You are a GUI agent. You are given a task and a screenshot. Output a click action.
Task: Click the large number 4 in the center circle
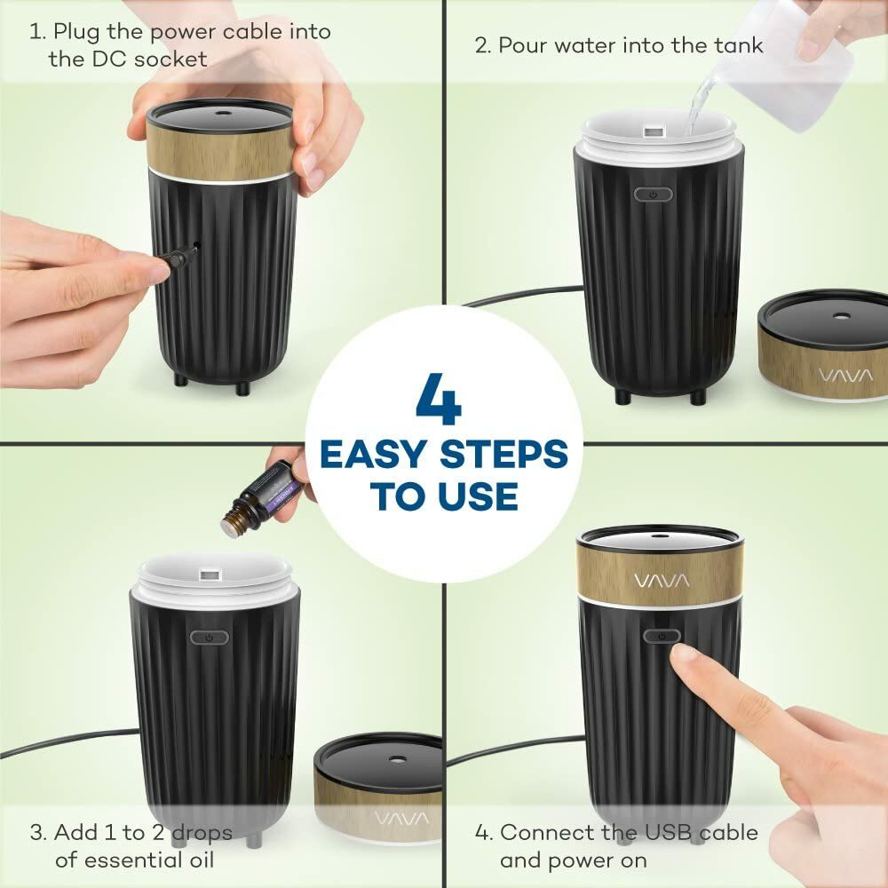coord(439,399)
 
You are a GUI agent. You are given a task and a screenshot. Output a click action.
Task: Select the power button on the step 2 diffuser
coord(653,194)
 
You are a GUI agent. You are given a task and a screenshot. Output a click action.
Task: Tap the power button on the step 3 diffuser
coord(209,637)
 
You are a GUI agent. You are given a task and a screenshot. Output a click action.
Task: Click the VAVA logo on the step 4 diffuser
coord(661,581)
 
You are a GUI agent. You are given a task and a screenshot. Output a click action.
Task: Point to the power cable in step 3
coord(62,744)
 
